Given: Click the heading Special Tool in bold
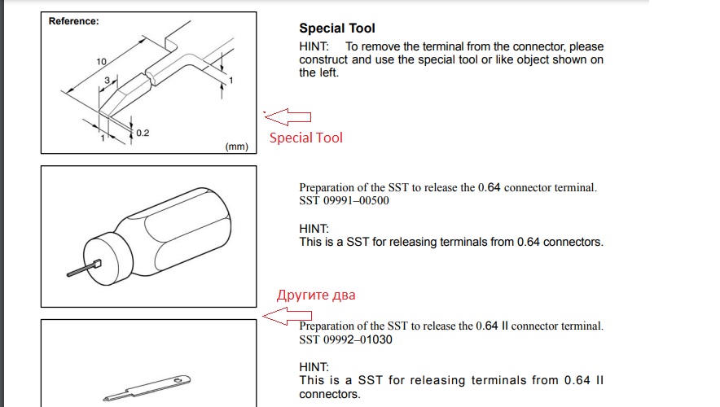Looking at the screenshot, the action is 337,28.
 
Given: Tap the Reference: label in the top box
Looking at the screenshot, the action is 73,21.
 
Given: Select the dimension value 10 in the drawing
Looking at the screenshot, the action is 101,62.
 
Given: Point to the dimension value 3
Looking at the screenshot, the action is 107,81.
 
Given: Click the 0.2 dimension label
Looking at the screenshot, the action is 143,133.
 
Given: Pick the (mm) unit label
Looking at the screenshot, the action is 236,147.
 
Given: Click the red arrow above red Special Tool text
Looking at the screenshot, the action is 288,117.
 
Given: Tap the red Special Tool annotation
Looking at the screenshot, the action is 305,138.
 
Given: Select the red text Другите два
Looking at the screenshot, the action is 316,295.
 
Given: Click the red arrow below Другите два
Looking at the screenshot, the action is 287,316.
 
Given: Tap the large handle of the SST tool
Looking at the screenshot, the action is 179,232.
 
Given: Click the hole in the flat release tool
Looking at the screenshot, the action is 178,380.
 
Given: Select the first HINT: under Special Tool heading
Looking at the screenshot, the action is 314,46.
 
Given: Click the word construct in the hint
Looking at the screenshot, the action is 323,59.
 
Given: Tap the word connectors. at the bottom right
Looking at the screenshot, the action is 330,394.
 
